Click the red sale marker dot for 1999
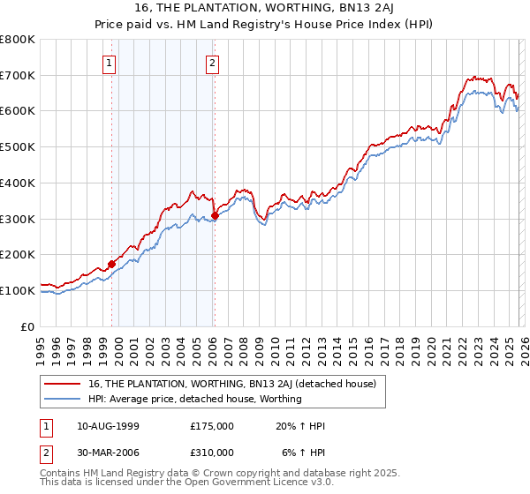(112, 263)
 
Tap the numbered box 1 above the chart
(109, 63)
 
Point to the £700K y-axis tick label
(18, 75)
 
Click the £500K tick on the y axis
(18, 146)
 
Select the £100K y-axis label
(18, 290)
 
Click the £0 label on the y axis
(28, 326)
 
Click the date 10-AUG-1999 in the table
(108, 426)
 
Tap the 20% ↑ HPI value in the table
(300, 426)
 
